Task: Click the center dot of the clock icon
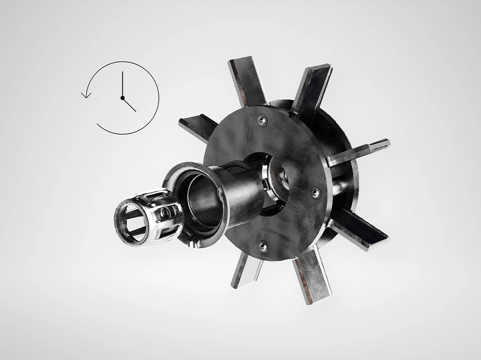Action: tap(122, 98)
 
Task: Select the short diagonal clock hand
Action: tap(129, 105)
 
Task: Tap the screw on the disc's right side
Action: tap(315, 192)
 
